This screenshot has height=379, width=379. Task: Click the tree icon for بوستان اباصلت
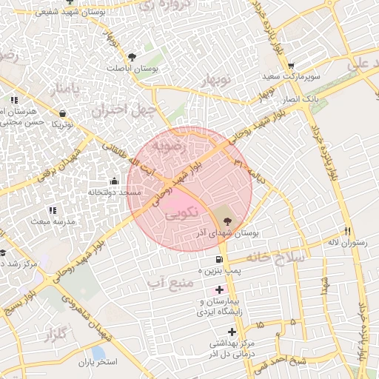(132, 56)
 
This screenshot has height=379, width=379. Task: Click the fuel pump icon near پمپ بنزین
(218, 259)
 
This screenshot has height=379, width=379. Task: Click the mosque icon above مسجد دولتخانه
(114, 181)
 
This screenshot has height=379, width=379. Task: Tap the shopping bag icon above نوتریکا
(62, 113)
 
